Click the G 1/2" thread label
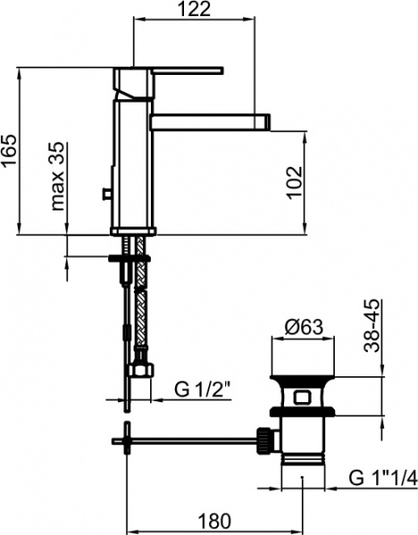203,390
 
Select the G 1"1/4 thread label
380,479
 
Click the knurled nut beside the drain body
265,438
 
